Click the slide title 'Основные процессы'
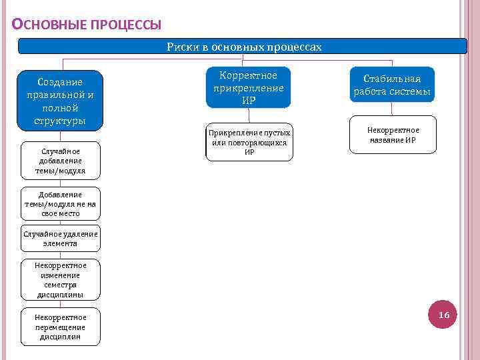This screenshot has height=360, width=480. tap(87, 25)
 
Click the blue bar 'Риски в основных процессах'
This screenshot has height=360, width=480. tap(243, 47)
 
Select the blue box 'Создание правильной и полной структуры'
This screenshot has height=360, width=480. tap(60, 101)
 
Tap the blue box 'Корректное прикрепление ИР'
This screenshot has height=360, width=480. tap(248, 87)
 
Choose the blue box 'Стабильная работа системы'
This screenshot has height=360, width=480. tap(391, 85)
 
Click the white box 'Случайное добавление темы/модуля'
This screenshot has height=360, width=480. tap(60, 161)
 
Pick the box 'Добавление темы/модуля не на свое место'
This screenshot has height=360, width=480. tap(60, 204)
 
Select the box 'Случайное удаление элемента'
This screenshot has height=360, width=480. tap(60, 239)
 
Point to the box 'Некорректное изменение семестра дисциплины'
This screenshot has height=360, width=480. tap(60, 279)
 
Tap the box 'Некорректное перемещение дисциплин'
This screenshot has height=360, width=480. tap(60, 327)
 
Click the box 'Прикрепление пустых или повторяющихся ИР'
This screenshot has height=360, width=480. tap(249, 142)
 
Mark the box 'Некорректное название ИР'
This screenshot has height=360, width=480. tap(393, 135)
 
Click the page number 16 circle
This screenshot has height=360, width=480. tap(443, 315)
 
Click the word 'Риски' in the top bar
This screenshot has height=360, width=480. tap(181, 47)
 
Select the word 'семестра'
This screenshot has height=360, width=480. tap(60, 285)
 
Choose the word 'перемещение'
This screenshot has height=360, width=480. tap(60, 327)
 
